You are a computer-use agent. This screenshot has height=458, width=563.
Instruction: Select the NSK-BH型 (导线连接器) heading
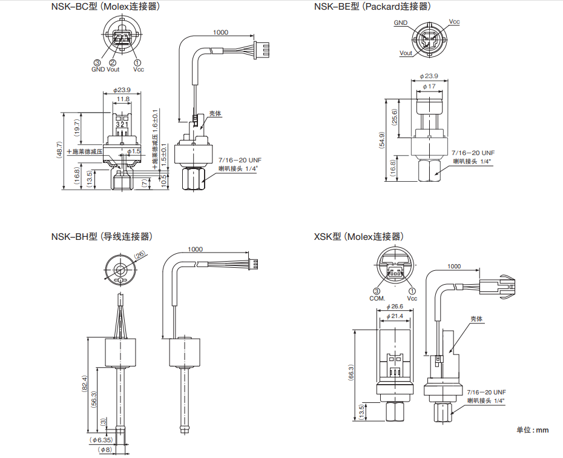[102, 236]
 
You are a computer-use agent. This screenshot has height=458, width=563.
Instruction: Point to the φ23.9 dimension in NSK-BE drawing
[429, 76]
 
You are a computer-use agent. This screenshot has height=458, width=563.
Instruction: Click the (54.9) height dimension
[381, 140]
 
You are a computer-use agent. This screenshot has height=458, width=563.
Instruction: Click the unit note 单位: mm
[532, 430]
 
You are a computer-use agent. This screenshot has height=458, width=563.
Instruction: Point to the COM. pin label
[377, 298]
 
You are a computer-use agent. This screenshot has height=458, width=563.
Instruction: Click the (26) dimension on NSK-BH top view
[140, 256]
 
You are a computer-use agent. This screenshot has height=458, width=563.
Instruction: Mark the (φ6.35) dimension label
[100, 440]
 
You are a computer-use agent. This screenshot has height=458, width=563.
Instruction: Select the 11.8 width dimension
[123, 99]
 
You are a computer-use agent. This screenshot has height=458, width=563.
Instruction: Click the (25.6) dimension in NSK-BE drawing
[395, 117]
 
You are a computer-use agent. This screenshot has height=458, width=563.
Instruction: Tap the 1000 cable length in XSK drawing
[453, 266]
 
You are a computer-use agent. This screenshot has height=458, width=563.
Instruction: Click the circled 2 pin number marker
[113, 62]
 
